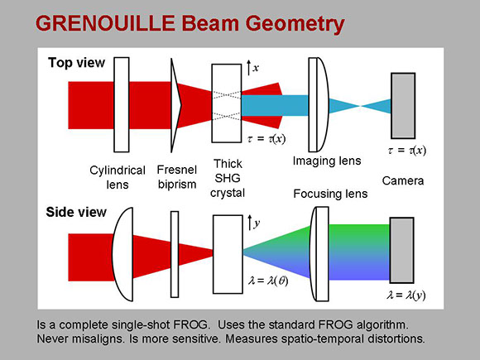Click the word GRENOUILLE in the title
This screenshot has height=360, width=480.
[105, 24]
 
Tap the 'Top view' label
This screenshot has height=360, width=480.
[76, 63]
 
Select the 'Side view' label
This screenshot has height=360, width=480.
[76, 212]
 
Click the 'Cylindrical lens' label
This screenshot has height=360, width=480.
[118, 178]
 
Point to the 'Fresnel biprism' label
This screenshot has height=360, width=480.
[177, 177]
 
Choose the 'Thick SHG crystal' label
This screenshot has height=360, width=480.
[228, 178]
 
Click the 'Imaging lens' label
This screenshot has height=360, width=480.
[327, 161]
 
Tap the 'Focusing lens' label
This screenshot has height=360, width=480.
[330, 194]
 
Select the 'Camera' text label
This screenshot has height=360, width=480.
[403, 180]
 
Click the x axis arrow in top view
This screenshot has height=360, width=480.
[248, 68]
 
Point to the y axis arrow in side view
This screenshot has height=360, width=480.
[250, 223]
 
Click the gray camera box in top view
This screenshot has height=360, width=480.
[403, 106]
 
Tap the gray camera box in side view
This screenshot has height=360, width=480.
[401, 250]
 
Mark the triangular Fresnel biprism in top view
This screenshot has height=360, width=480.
[175, 105]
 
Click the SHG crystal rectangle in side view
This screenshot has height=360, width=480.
[228, 254]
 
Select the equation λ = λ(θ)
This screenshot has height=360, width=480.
[268, 281]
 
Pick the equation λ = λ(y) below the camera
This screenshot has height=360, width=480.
[406, 295]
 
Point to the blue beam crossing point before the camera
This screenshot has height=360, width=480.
[360, 106]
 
